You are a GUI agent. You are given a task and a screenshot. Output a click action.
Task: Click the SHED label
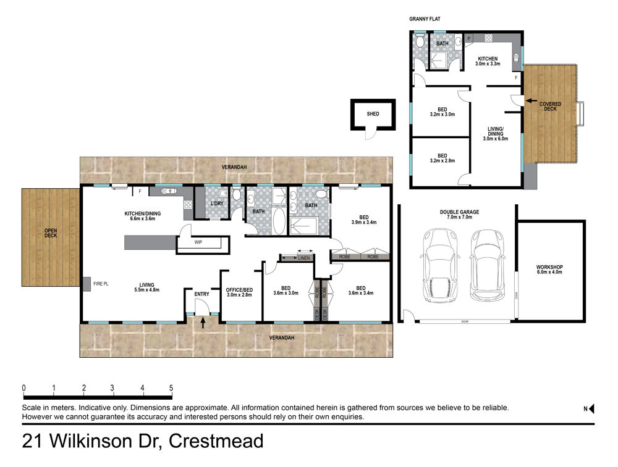pos(373,114)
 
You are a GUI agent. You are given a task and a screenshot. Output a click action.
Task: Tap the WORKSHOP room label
pos(549,270)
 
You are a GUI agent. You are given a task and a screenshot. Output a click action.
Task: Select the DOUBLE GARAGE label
pos(460,215)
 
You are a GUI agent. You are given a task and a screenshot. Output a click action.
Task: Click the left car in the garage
pos(440,265)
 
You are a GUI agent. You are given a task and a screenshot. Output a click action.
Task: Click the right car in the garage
pos(487,265)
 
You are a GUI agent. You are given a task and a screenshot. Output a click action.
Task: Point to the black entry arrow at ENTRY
pos(203,323)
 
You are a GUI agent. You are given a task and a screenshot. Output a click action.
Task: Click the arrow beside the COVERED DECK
pos(531,101)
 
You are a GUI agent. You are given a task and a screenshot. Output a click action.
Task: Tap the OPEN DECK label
pos(51,233)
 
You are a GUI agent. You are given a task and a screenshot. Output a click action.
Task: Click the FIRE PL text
pos(101,284)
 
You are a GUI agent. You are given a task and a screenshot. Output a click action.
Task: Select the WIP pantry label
pos(198,242)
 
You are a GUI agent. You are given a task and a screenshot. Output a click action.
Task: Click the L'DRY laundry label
pos(217,204)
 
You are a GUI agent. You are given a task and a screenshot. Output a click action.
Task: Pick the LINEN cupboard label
pos(304,258)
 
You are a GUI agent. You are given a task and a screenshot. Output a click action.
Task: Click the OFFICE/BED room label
pos(239,292)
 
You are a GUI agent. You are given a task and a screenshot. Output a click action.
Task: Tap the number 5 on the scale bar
pos(171,388)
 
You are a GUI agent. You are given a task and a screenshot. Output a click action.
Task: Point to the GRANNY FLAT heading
pos(425,19)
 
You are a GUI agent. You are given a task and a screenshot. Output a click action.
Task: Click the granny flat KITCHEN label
pos(488,61)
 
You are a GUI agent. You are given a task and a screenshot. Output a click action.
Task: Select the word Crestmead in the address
pos(216,441)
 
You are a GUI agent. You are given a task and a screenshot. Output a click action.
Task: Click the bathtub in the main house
pos(279,221)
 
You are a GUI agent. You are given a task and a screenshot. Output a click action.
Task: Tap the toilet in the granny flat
pos(420,40)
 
